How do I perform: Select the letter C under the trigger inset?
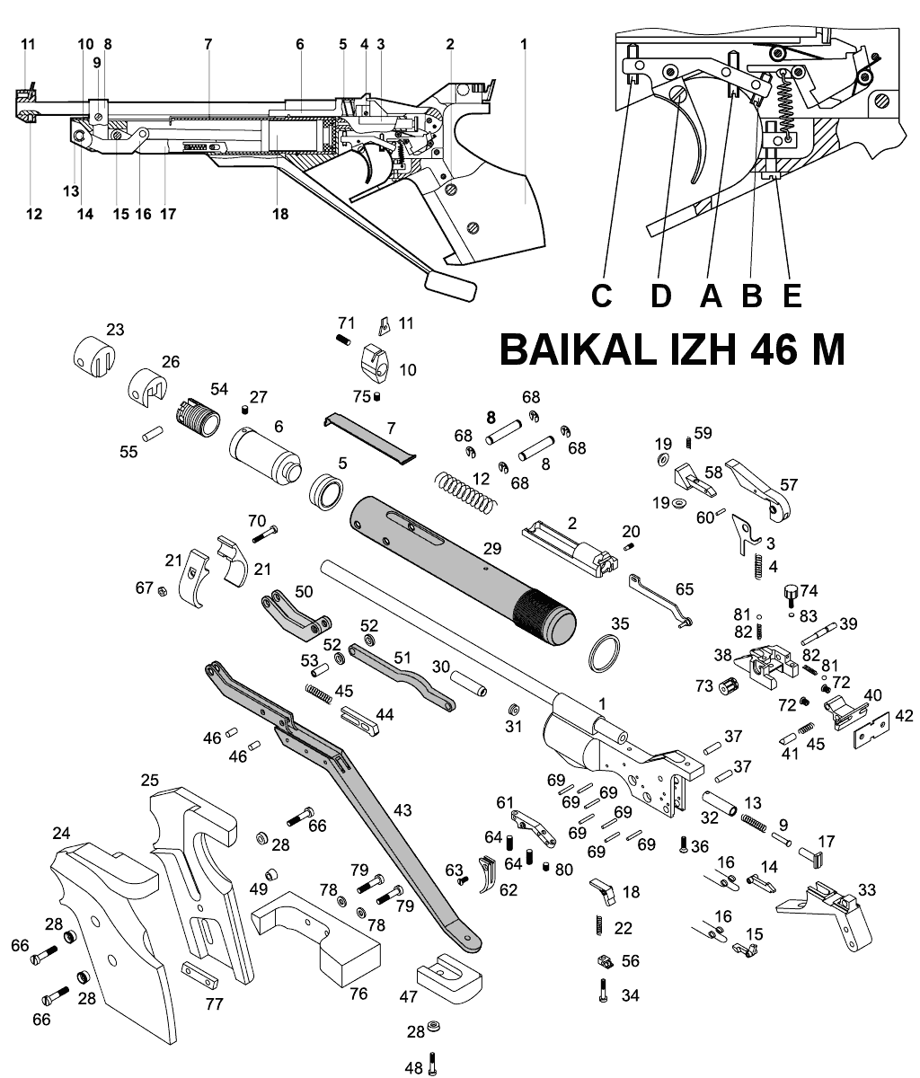click(x=602, y=296)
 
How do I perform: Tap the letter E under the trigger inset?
click(x=792, y=296)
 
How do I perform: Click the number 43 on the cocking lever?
click(x=402, y=810)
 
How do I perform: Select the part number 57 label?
click(x=789, y=485)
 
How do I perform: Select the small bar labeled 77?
click(x=199, y=975)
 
